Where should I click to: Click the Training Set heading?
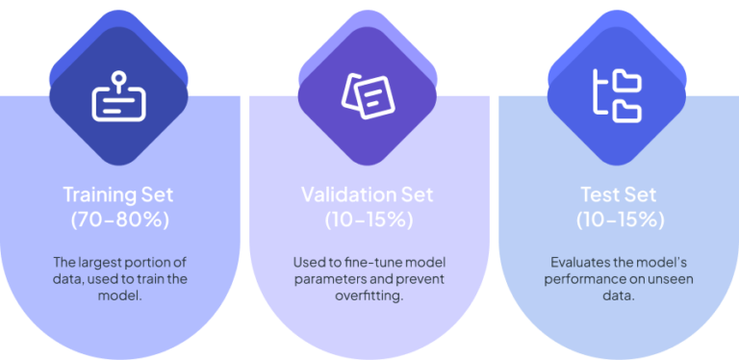point(119,193)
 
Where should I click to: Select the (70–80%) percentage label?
point(119,219)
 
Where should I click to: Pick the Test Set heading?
point(620,193)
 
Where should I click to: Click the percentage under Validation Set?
point(369,219)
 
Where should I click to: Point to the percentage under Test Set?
point(620,219)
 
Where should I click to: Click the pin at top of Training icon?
point(118,76)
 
